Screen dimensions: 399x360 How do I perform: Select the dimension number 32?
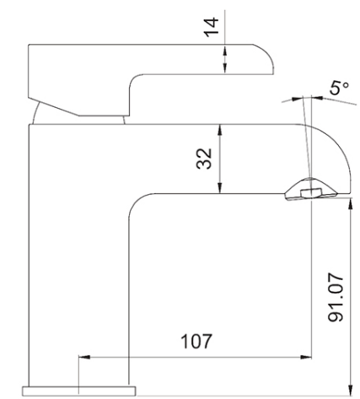click(x=202, y=158)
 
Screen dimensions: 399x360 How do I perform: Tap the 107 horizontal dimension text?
click(x=195, y=342)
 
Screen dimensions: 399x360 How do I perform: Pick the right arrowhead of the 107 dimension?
click(x=308, y=356)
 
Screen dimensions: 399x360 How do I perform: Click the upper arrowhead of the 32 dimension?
click(x=220, y=129)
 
